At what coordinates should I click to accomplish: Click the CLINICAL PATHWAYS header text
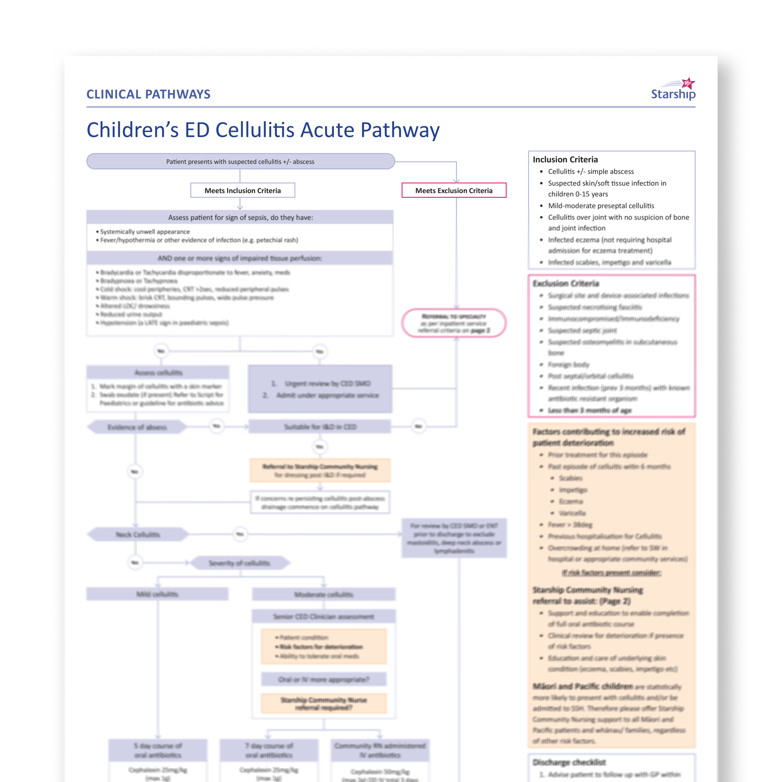pyautogui.click(x=148, y=94)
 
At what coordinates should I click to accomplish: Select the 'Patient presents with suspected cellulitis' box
pyautogui.click(x=241, y=161)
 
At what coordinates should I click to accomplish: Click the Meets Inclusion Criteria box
pyautogui.click(x=242, y=190)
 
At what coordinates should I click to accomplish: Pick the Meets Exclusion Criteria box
pyautogui.click(x=454, y=190)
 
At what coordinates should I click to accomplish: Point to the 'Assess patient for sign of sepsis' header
pyautogui.click(x=241, y=217)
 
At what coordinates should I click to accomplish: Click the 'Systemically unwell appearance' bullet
pyautogui.click(x=145, y=231)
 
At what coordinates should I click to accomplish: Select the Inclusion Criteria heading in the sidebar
pyautogui.click(x=565, y=160)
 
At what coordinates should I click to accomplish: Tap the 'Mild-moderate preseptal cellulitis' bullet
pyautogui.click(x=601, y=206)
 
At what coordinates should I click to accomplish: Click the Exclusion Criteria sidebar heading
pyautogui.click(x=566, y=283)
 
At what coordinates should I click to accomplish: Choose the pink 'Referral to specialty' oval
pyautogui.click(x=454, y=323)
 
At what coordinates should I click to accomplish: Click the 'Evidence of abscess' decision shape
pyautogui.click(x=137, y=427)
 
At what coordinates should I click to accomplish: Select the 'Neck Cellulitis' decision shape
pyautogui.click(x=138, y=534)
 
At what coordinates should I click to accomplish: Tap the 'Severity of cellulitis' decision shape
pyautogui.click(x=239, y=563)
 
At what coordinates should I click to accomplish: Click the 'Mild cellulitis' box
pyautogui.click(x=157, y=594)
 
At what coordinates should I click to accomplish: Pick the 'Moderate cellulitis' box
pyautogui.click(x=323, y=595)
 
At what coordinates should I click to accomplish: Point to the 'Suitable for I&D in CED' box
pyautogui.click(x=320, y=427)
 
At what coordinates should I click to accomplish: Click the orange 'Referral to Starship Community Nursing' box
pyautogui.click(x=320, y=470)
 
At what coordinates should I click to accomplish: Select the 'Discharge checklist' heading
pyautogui.click(x=569, y=763)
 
